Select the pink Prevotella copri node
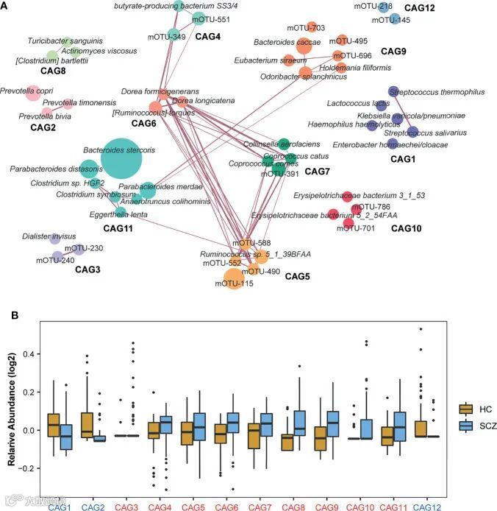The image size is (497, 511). pos(32,93)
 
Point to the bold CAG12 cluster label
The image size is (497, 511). pos(439,8)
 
